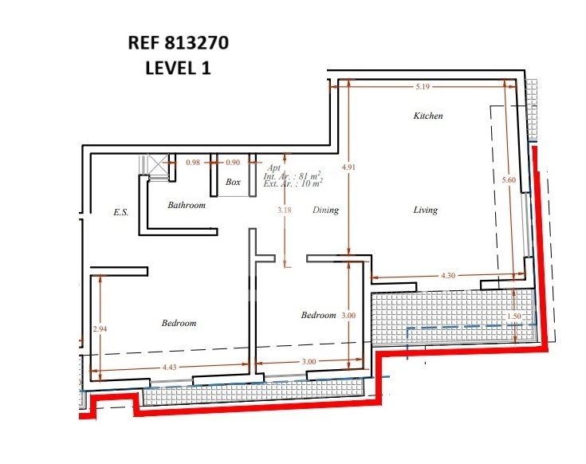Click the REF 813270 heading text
pyautogui.click(x=179, y=42)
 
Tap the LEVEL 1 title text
pyautogui.click(x=178, y=68)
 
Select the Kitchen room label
pyautogui.click(x=428, y=116)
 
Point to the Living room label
pyautogui.click(x=425, y=210)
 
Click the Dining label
pyautogui.click(x=325, y=210)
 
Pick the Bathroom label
pyautogui.click(x=187, y=205)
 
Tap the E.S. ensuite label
pyautogui.click(x=120, y=213)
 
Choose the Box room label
pyautogui.click(x=233, y=182)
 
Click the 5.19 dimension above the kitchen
pyautogui.click(x=423, y=87)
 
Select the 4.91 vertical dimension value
pyautogui.click(x=348, y=167)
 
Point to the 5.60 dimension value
pyautogui.click(x=509, y=180)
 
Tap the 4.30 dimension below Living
pyautogui.click(x=448, y=276)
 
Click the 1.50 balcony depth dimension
pyautogui.click(x=514, y=316)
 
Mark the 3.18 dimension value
pyautogui.click(x=285, y=210)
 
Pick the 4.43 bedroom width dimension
pyautogui.click(x=169, y=368)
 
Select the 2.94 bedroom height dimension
pyautogui.click(x=100, y=328)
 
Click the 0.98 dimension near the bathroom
pyautogui.click(x=193, y=163)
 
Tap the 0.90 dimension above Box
pyautogui.click(x=233, y=163)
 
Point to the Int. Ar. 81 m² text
pyautogui.click(x=293, y=176)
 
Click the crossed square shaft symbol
pyautogui.click(x=158, y=164)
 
